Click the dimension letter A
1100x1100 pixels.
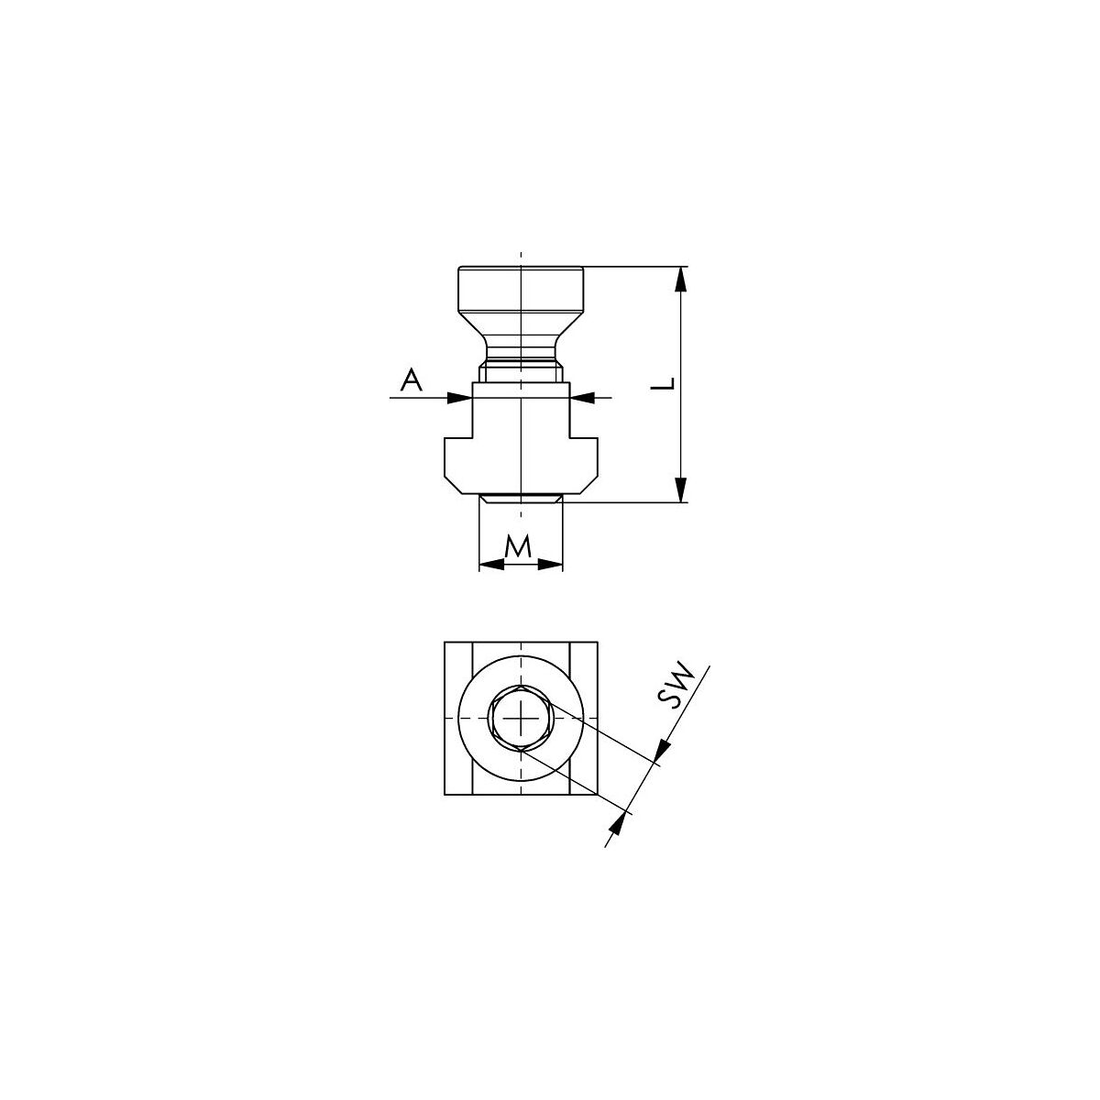click(x=411, y=380)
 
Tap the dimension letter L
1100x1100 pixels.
click(x=663, y=383)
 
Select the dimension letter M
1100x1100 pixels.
click(x=518, y=546)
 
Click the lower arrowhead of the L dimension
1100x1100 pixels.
click(x=680, y=489)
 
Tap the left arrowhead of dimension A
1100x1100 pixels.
click(x=459, y=397)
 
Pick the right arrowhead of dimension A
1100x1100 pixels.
click(x=583, y=397)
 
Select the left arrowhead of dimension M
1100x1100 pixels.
click(x=491, y=565)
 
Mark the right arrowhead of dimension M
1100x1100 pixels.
click(x=550, y=565)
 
